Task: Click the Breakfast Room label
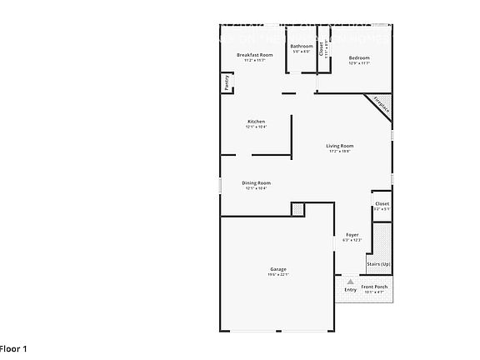(254, 55)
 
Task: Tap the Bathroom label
(302, 46)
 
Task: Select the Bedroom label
(359, 57)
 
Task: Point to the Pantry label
(226, 82)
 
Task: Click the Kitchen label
(256, 122)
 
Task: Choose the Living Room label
(339, 146)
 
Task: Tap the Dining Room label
(256, 182)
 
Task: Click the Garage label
(278, 269)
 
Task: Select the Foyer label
(352, 235)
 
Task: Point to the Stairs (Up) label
(378, 264)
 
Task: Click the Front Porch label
(373, 287)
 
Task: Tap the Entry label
(350, 290)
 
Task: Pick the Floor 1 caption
(13, 348)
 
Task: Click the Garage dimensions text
(278, 275)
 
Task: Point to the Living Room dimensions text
(339, 151)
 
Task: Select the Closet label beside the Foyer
(382, 203)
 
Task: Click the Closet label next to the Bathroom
(322, 49)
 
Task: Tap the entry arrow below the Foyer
(351, 282)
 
